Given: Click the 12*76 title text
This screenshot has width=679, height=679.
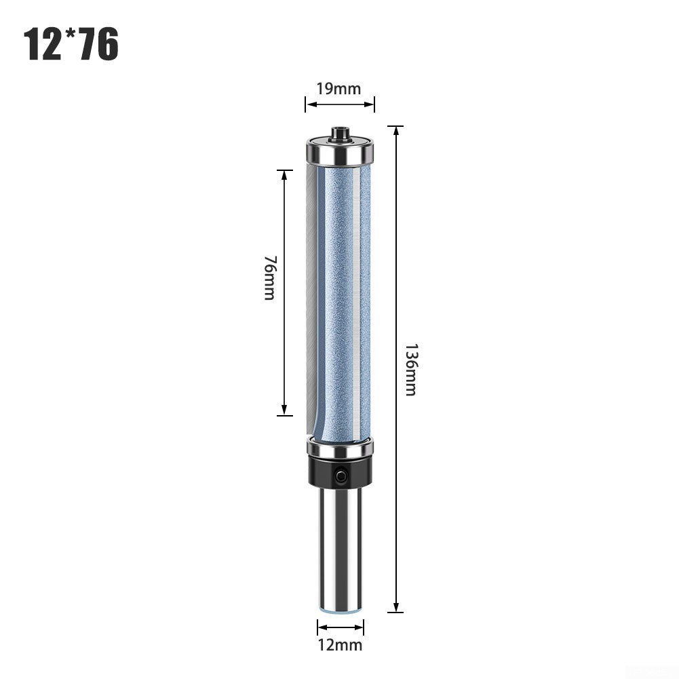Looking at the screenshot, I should tap(71, 44).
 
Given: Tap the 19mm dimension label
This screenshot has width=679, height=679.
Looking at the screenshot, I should tap(339, 88).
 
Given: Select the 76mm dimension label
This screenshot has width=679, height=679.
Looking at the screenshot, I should tap(269, 278).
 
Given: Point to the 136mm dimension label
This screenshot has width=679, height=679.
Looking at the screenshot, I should tap(410, 370).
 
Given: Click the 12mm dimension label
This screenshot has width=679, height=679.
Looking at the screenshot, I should tap(339, 645).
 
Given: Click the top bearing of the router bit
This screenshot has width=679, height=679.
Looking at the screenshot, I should tap(339, 152).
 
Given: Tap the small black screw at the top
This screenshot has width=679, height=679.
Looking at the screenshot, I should tap(339, 133).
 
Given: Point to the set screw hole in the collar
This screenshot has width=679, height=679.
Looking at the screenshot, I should tap(340, 477).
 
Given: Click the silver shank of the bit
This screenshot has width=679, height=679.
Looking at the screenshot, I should tap(339, 549).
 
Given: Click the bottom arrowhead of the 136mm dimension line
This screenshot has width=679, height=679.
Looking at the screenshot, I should tap(395, 611).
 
